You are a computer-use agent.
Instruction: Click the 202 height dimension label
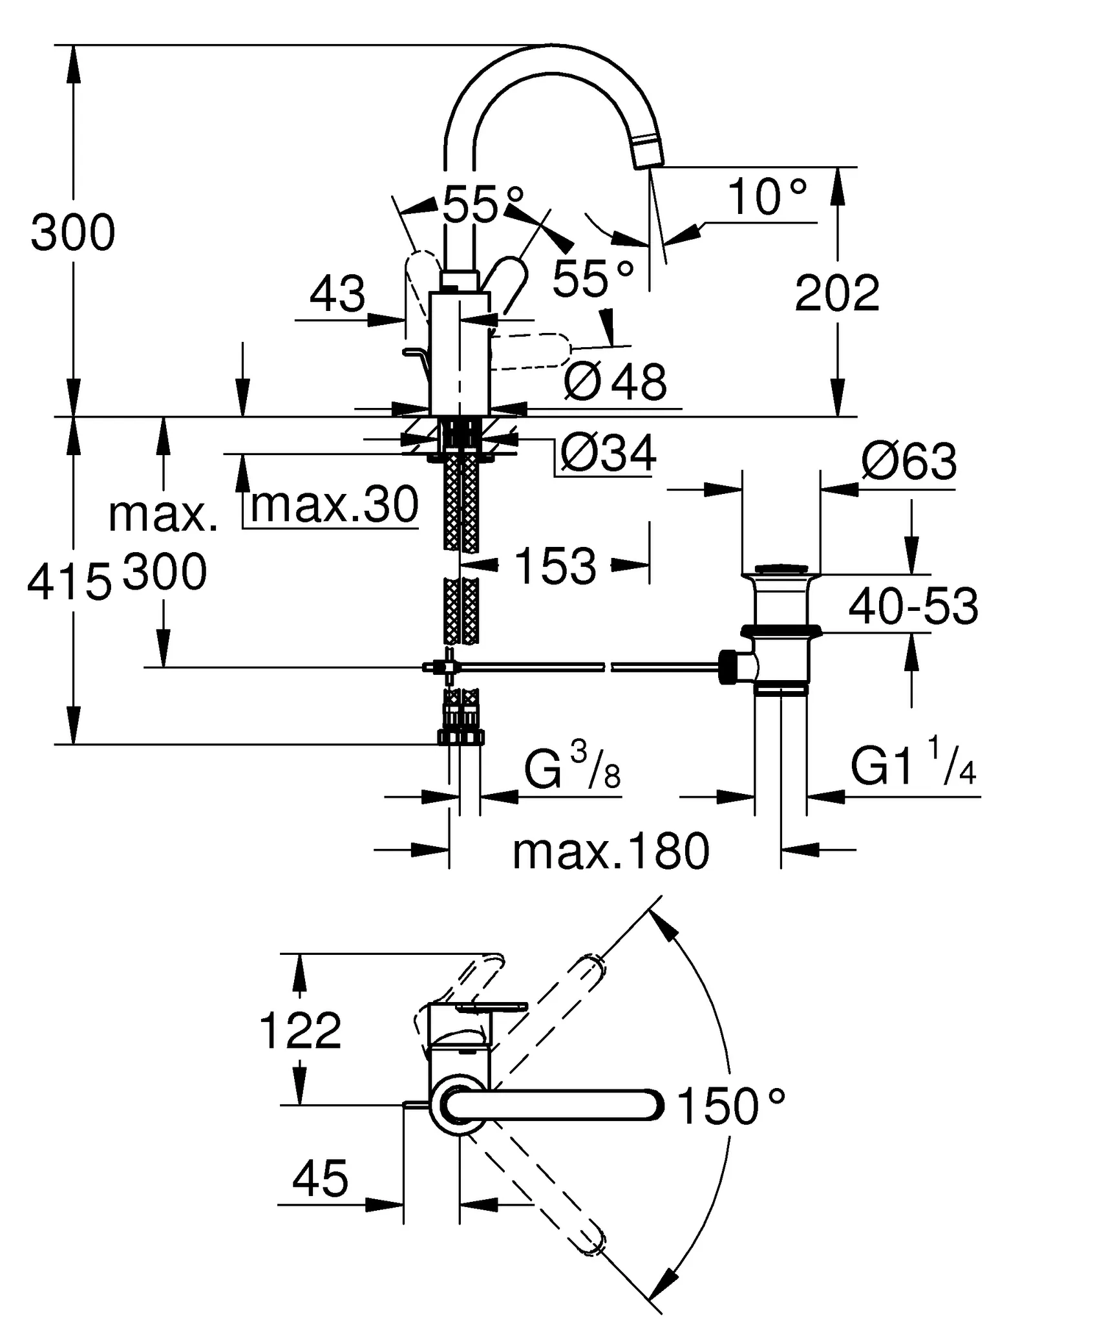[836, 294]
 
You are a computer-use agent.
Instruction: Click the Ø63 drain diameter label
[908, 462]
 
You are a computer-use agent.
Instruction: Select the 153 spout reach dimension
[555, 566]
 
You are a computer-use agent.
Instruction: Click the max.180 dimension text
[611, 851]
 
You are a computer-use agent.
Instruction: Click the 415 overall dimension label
[69, 582]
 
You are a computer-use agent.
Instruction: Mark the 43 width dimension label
[337, 294]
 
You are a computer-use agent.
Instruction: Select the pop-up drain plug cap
[781, 570]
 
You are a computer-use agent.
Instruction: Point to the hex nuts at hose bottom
[460, 737]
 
